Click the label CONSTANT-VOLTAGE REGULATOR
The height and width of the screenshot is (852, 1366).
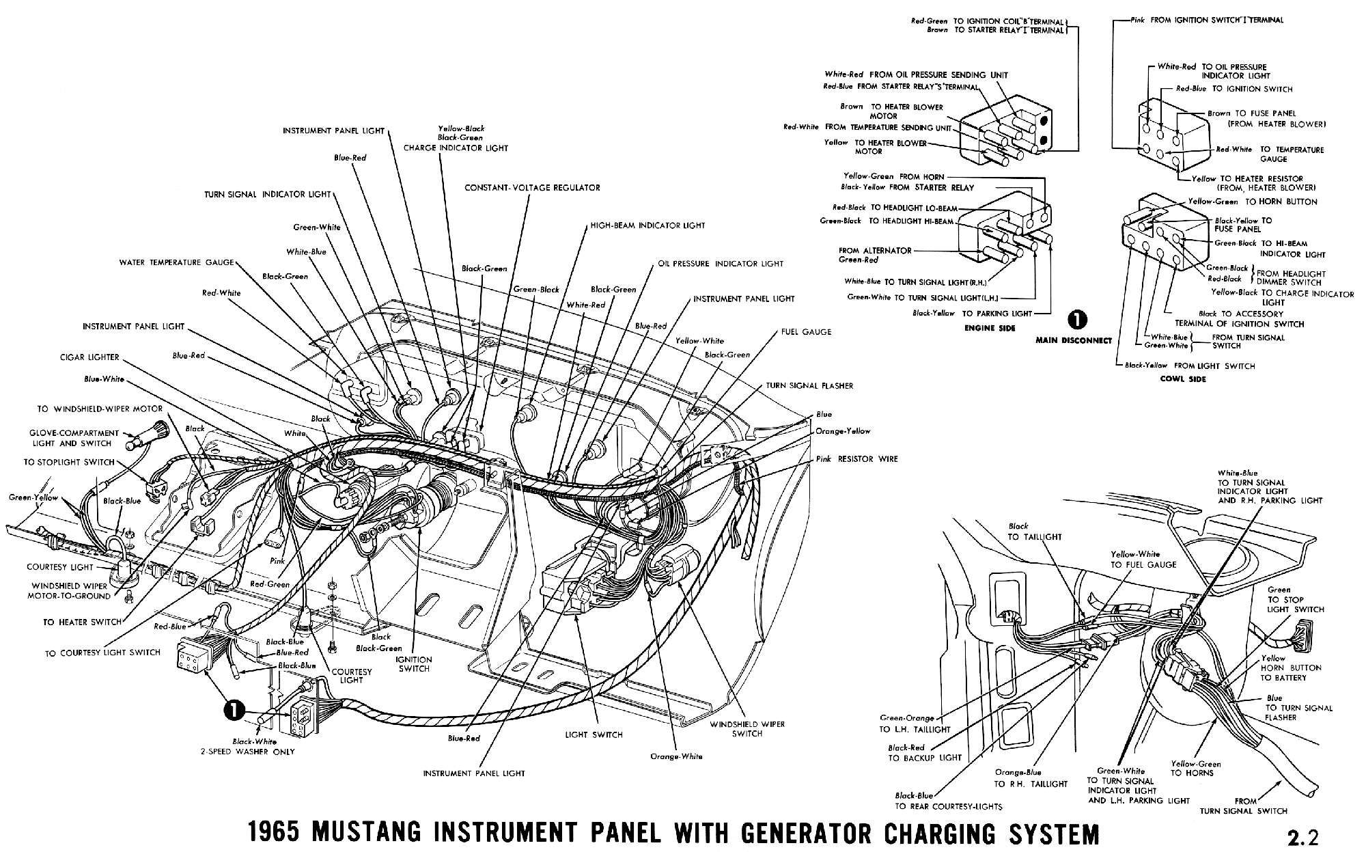[532, 187]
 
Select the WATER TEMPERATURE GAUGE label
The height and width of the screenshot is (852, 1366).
[176, 262]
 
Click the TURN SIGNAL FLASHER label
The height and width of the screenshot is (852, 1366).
[809, 386]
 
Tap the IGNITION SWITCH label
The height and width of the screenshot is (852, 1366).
[415, 663]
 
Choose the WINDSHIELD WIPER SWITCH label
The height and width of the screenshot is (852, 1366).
[747, 728]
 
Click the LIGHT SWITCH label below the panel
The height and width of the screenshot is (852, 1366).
[594, 734]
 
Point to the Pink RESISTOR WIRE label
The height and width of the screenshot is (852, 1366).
[856, 459]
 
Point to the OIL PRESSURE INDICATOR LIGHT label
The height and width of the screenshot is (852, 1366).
[720, 264]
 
